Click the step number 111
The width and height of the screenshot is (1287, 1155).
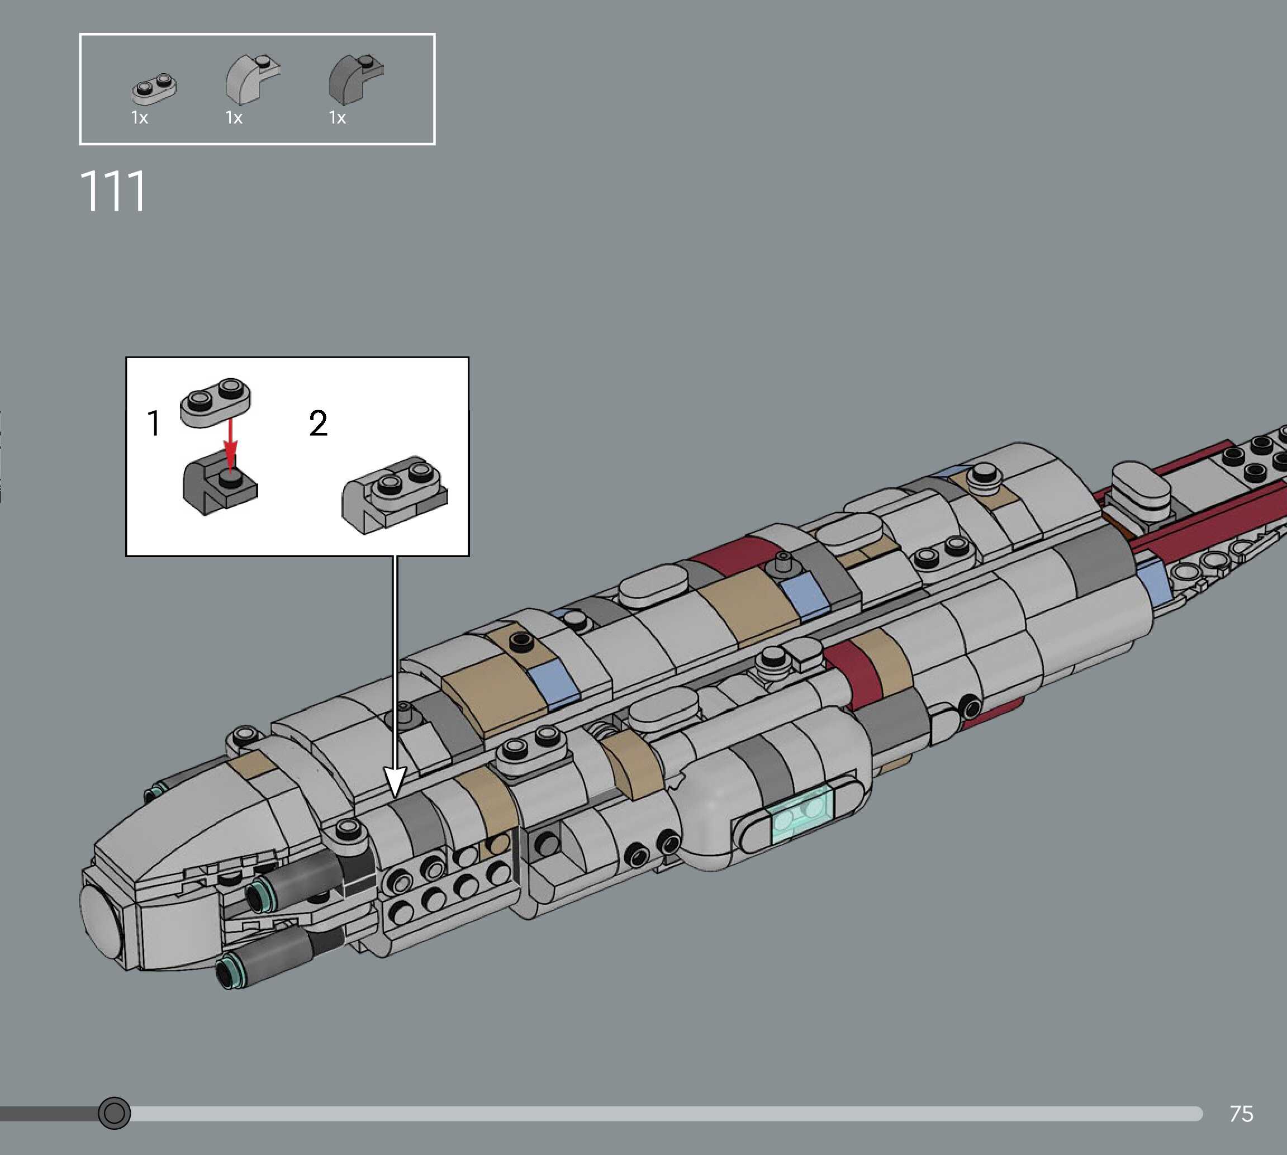click(x=113, y=191)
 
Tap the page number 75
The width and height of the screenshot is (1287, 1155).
click(x=1241, y=1114)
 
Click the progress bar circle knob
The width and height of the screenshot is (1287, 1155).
click(x=114, y=1113)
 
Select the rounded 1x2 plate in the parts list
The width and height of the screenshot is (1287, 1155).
click(x=154, y=88)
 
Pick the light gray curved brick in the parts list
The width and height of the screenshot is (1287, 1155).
click(x=250, y=80)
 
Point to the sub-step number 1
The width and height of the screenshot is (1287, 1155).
click(x=154, y=424)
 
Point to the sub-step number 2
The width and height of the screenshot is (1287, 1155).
click(x=318, y=424)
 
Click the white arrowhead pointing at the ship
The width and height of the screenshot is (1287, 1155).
click(x=395, y=781)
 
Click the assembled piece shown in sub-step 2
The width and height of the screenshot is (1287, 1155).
click(x=395, y=494)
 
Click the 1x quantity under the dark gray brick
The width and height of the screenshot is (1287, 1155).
click(x=337, y=118)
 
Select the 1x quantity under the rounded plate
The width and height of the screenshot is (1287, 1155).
click(x=140, y=118)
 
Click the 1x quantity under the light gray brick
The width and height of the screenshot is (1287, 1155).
click(x=234, y=118)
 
